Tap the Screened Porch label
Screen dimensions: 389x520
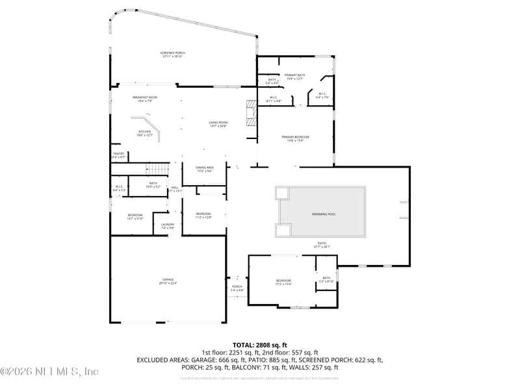click(172, 55)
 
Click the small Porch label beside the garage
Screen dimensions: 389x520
click(237, 288)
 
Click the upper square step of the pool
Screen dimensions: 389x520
click(281, 193)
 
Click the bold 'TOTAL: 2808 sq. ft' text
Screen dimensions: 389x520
click(260, 345)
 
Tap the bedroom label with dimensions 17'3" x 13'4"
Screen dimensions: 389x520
click(283, 281)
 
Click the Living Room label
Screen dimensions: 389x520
click(218, 124)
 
